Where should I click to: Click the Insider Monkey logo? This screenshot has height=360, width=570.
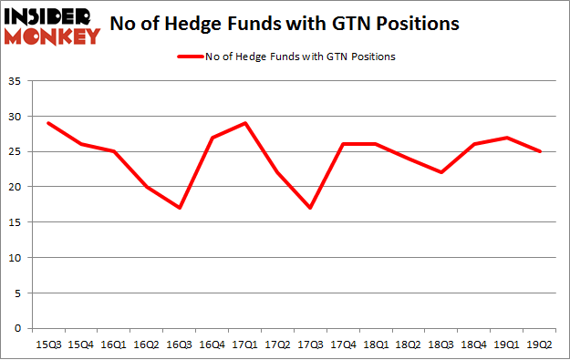[52, 26]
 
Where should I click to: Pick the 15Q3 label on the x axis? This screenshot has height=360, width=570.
[48, 345]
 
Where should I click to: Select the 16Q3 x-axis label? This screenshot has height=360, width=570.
[180, 345]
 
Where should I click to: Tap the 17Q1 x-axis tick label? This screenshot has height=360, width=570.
[245, 345]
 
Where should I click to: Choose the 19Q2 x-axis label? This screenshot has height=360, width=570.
[541, 345]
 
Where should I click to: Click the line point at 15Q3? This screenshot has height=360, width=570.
[48, 123]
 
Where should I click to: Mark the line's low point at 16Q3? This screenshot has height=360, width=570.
[180, 208]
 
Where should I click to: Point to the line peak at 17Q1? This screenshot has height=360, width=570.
[245, 123]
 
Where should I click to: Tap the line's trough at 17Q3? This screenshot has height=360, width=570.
[311, 208]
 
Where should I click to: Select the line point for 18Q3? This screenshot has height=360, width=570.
[442, 172]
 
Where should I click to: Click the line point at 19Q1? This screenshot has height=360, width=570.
[508, 138]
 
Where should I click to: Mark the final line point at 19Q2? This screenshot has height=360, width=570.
[541, 151]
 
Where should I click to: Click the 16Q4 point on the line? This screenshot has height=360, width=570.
[212, 138]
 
